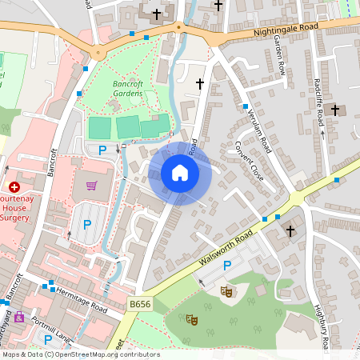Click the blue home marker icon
180,173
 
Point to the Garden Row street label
280,55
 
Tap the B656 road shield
139,305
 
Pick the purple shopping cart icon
91,186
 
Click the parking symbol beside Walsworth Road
227,266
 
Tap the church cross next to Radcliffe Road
335,110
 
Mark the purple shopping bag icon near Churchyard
19,318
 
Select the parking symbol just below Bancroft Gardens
102,150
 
